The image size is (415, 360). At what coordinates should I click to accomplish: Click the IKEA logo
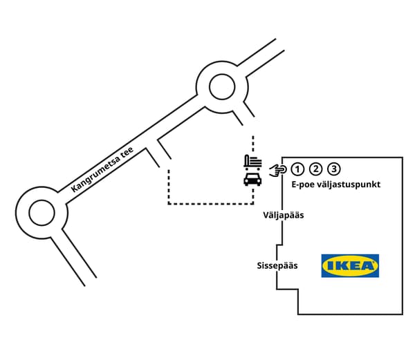[350, 266]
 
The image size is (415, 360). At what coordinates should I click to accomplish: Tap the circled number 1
[297, 169]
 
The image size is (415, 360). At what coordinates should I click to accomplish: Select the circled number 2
[315, 169]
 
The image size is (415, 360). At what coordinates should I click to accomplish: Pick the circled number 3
[333, 169]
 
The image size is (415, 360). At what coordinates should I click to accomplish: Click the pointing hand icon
[278, 169]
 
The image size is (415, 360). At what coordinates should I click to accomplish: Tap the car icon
[252, 180]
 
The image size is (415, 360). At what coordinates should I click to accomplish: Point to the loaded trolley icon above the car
[252, 162]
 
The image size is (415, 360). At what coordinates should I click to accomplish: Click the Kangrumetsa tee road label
[102, 171]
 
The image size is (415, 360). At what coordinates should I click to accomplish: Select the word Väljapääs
[283, 216]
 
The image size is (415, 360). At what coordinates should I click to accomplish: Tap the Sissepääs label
[277, 265]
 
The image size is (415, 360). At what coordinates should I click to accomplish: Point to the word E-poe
[302, 185]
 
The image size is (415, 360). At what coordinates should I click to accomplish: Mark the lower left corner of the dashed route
[168, 204]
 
